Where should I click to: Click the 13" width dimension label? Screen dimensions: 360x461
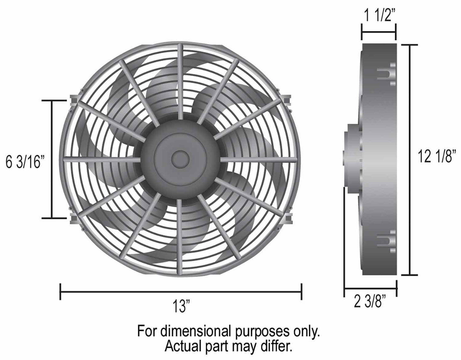coord(181,307)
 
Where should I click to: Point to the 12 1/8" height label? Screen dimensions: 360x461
coord(436,157)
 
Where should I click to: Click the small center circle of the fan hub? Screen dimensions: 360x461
coord(180,158)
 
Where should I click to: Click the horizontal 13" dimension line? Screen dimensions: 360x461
coord(181,291)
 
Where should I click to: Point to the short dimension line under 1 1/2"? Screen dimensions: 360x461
coord(379,32)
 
